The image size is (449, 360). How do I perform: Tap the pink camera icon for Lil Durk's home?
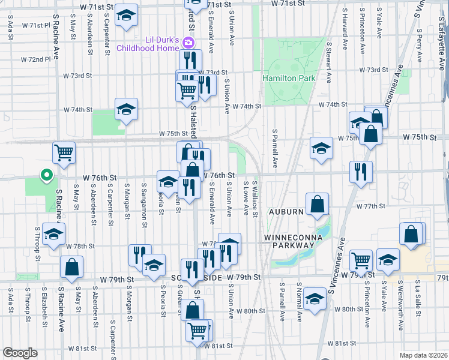[x=188, y=43]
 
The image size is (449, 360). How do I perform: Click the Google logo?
[x=20, y=353]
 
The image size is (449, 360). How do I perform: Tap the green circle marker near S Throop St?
[x=45, y=175]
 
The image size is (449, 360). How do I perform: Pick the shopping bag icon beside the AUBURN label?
[x=317, y=204]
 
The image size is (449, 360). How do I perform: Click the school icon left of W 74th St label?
[x=126, y=109]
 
